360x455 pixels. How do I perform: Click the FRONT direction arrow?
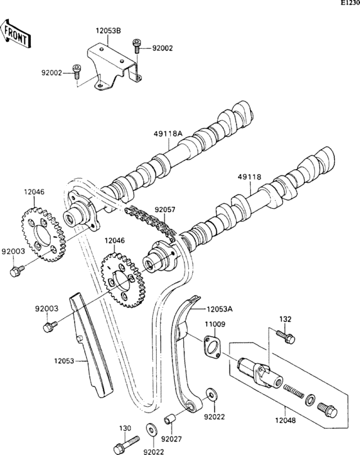click(16, 33)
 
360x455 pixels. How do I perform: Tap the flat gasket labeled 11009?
click(213, 346)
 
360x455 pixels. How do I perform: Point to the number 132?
click(285, 319)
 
